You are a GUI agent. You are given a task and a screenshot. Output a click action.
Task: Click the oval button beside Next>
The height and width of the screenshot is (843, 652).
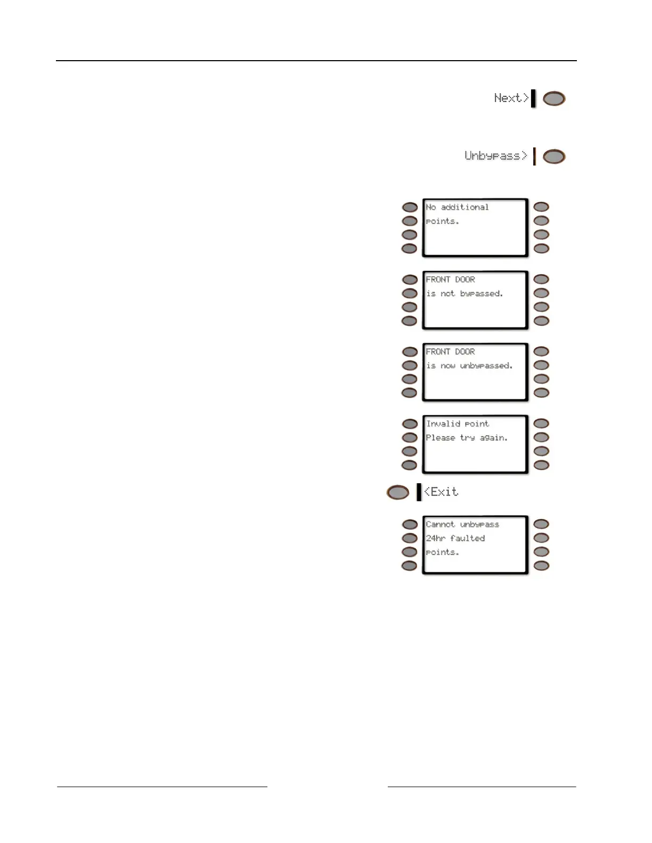[554, 99]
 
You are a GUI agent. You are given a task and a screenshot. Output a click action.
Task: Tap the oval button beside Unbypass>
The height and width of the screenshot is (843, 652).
[554, 157]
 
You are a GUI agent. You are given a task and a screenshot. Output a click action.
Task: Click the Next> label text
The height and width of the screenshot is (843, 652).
[511, 98]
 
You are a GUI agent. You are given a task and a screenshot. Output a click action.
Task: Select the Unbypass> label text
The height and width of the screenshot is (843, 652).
[495, 156]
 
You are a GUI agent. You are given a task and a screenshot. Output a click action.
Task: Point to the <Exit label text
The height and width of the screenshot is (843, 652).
[441, 492]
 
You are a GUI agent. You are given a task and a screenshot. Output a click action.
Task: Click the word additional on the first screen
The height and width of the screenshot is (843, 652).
[464, 207]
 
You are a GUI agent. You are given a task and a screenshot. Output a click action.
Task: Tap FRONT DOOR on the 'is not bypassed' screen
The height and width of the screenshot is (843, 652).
[450, 279]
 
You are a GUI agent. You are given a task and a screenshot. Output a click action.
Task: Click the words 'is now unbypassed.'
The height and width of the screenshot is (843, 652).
[469, 366]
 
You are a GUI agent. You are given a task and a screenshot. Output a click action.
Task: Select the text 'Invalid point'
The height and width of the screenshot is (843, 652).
[457, 424]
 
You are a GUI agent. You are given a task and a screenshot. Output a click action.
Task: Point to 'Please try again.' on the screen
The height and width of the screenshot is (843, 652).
[467, 437]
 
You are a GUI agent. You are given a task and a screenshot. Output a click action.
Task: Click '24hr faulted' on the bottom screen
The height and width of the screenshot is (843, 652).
[455, 538]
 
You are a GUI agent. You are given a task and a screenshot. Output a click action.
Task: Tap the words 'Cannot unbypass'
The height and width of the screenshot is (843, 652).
[462, 524]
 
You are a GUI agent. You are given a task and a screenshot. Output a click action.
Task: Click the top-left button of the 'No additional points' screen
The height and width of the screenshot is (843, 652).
[410, 207]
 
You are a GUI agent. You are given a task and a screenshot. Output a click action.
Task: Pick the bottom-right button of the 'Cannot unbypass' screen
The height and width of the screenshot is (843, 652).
[541, 566]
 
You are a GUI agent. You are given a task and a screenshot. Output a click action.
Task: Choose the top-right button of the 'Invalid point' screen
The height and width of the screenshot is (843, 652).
[541, 424]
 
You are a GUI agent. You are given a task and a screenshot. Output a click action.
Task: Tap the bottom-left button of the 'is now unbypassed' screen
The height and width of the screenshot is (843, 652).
[410, 393]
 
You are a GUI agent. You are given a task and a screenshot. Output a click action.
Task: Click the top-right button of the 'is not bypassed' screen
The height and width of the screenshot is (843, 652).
[541, 279]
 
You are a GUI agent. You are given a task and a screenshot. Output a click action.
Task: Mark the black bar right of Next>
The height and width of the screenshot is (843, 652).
[534, 98]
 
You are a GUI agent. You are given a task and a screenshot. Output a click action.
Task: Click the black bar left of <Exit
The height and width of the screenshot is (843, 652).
[419, 492]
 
